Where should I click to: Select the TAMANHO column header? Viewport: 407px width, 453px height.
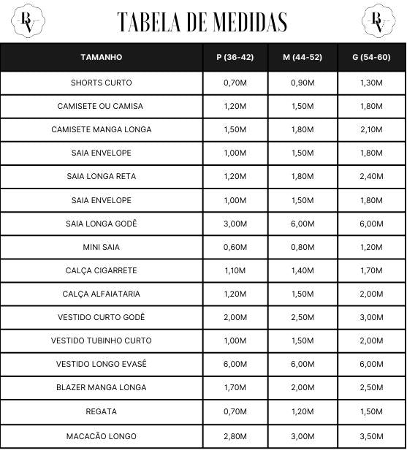102,57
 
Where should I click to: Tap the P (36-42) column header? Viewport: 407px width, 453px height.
235,57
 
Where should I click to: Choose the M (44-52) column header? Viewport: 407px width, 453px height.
303,57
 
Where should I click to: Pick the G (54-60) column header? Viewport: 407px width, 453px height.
371,57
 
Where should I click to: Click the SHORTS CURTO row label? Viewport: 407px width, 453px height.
102,83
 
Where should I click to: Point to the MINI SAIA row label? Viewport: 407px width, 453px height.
102,247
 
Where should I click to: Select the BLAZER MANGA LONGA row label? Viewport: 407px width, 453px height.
102,387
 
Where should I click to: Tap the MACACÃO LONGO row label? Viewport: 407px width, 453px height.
102,436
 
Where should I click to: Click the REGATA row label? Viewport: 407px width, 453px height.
102,411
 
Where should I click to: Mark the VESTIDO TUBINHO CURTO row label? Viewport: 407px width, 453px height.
102,340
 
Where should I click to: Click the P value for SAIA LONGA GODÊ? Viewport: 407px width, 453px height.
235,224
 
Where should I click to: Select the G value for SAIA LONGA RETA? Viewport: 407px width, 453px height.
371,176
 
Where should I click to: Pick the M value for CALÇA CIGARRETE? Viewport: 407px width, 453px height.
303,270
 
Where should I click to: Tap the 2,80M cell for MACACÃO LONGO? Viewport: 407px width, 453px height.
235,436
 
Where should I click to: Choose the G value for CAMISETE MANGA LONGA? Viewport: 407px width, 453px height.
371,129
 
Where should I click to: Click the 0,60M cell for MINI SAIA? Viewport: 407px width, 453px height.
235,247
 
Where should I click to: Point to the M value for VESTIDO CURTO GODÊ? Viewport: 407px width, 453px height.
303,317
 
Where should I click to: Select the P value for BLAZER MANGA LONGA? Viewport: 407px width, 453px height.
235,387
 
